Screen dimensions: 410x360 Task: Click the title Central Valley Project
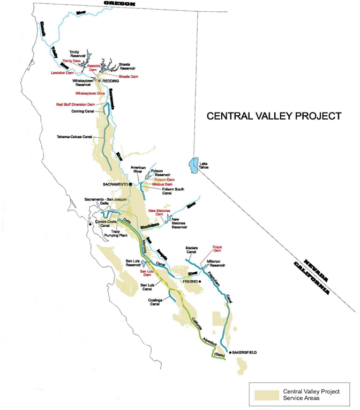(274, 115)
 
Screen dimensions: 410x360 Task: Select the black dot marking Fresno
(200, 281)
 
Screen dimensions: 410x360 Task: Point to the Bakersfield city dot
(230, 353)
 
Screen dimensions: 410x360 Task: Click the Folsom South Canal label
(159, 191)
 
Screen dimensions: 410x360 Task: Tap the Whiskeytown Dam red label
(90, 93)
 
